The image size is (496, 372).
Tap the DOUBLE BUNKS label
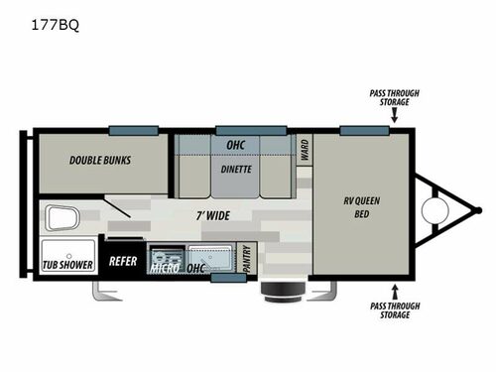[100, 159]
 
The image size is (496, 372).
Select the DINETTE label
[237, 169]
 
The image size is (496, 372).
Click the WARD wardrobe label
[304, 151]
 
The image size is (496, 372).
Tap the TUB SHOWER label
[68, 265]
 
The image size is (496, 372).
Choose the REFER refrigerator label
[123, 263]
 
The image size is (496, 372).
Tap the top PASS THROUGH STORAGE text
[395, 98]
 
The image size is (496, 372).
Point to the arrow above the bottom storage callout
[395, 291]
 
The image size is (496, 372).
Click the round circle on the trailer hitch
[433, 209]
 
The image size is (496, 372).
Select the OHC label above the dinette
[237, 145]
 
